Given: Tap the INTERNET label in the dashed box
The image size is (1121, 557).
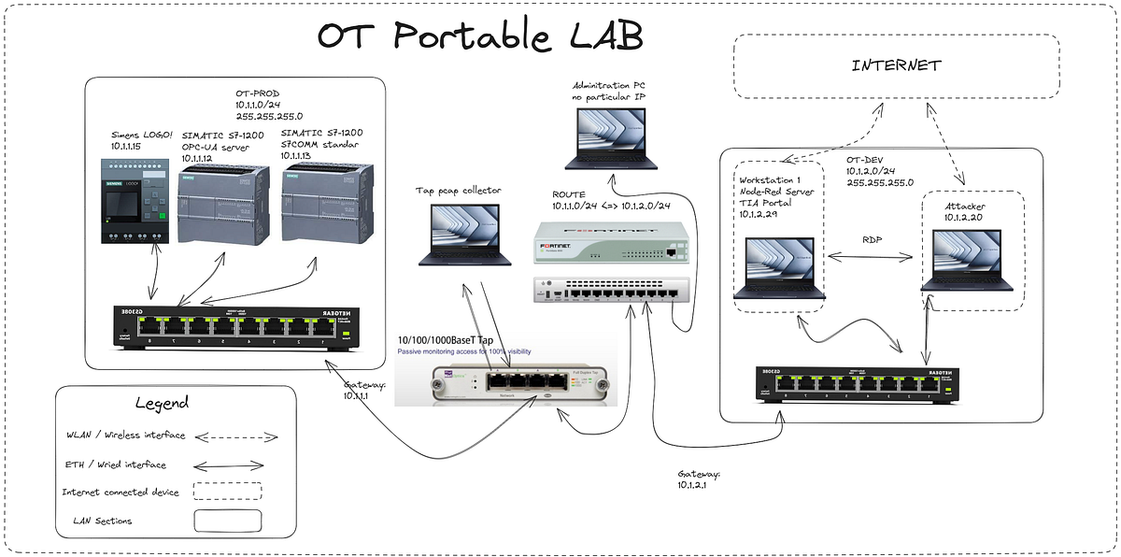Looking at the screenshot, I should [x=896, y=65].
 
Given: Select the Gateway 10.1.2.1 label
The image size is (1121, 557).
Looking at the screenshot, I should [x=699, y=479].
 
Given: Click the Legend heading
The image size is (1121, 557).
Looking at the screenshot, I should [x=162, y=403].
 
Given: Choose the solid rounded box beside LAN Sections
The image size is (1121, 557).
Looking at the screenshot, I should [x=227, y=520].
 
